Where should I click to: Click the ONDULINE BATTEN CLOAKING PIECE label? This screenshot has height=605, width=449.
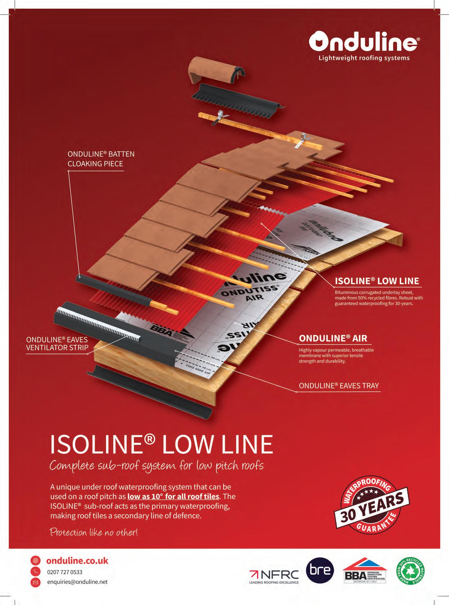click(x=101, y=159)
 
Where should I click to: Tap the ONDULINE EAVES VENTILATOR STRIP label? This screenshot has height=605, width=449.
click(x=57, y=344)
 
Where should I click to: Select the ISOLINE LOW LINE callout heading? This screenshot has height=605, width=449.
click(x=377, y=281)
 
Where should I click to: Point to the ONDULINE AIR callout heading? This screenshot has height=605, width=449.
click(x=333, y=338)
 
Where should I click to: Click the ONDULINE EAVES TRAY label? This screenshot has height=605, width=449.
click(x=339, y=386)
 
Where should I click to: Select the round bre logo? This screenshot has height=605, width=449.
click(x=320, y=570)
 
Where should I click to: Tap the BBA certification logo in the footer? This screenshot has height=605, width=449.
click(x=364, y=571)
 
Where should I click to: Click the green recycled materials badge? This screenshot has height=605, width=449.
click(x=410, y=571)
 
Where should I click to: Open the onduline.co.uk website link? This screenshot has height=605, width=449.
click(x=77, y=561)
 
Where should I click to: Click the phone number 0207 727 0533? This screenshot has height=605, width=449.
click(x=65, y=572)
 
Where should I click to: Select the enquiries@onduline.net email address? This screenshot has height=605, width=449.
click(x=77, y=582)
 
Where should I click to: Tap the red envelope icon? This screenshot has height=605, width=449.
click(x=36, y=582)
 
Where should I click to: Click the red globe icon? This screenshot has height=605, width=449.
click(x=36, y=560)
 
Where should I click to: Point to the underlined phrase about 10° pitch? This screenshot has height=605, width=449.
click(x=173, y=496)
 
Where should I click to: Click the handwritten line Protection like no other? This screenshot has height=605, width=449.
click(x=94, y=533)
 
